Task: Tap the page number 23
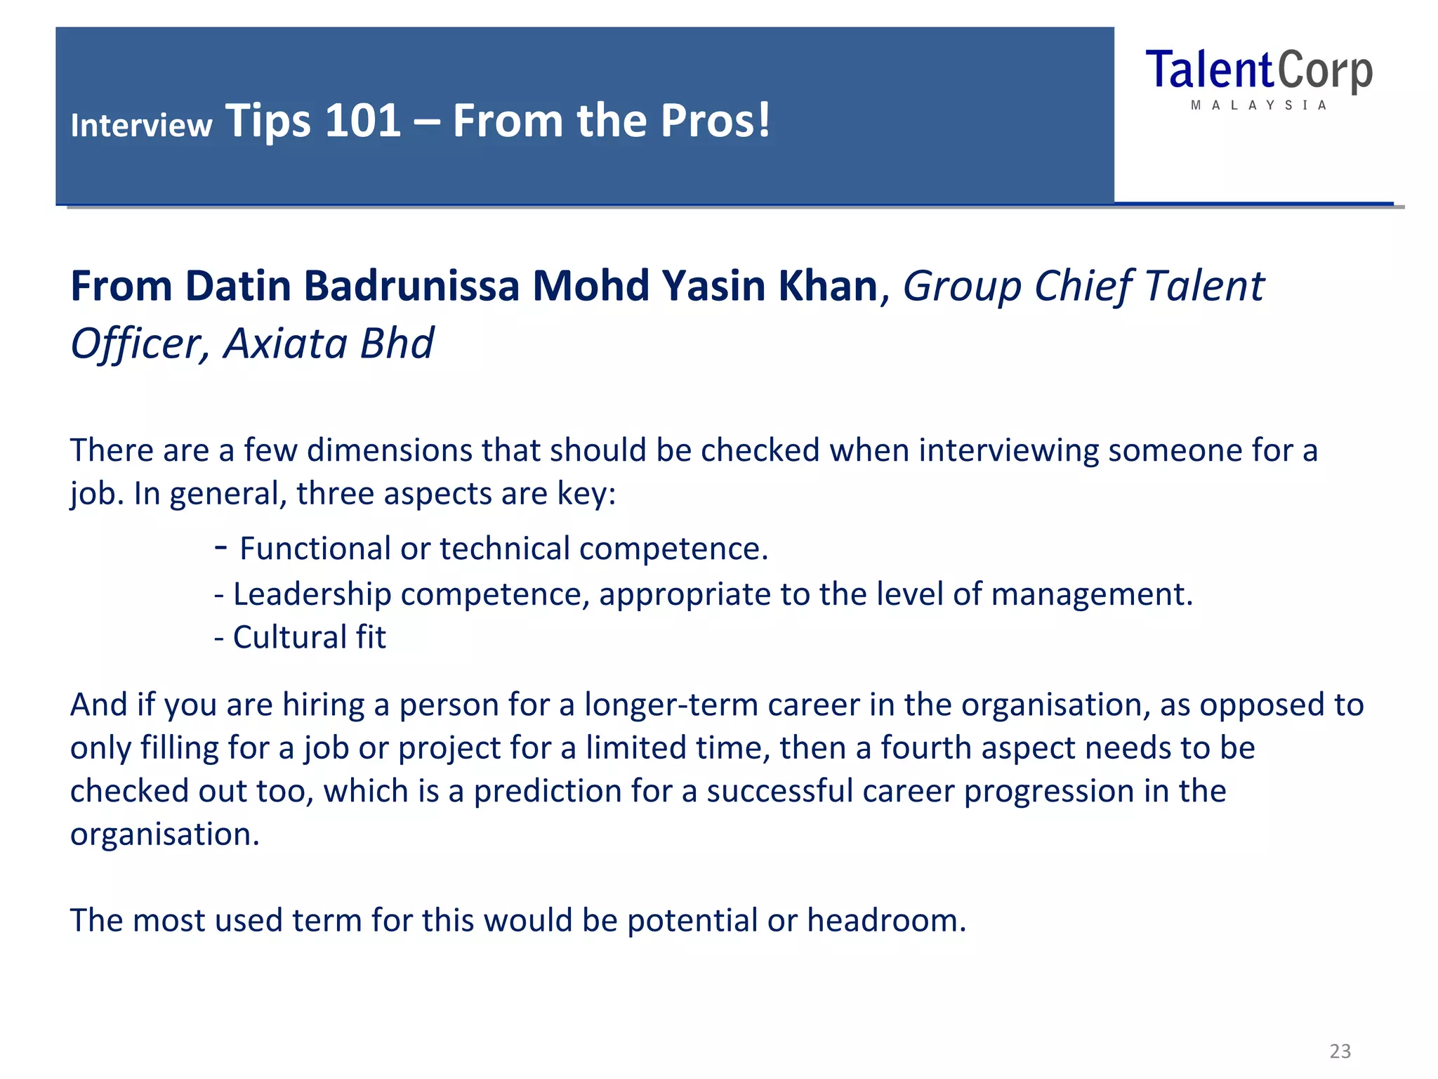tap(1340, 1051)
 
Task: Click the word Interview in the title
tap(141, 126)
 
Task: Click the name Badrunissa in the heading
tap(411, 287)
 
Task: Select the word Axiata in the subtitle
tap(285, 344)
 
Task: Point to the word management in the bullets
tap(1091, 594)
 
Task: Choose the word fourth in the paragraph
tap(925, 748)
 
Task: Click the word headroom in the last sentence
tap(886, 920)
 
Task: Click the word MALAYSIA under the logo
tap(1258, 105)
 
